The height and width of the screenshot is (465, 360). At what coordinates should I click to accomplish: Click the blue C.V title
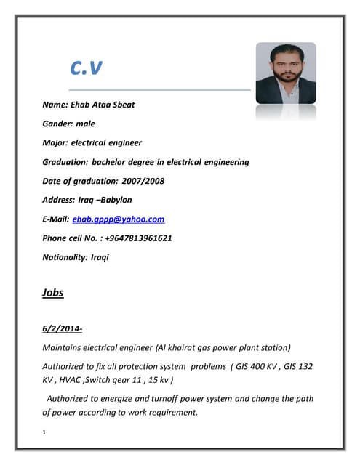click(86, 68)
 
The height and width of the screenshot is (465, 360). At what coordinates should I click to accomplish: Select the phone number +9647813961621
click(136, 238)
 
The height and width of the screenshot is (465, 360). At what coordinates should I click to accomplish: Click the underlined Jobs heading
click(53, 293)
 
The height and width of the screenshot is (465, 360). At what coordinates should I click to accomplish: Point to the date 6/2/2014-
click(63, 328)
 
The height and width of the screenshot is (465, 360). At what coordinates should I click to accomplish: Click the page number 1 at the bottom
click(45, 434)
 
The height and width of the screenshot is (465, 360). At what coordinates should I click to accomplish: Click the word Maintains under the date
click(64, 347)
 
